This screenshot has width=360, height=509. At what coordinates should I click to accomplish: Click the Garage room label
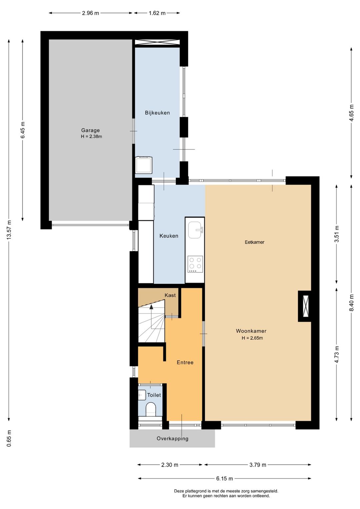click(90, 130)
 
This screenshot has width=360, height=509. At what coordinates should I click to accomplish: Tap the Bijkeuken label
click(157, 113)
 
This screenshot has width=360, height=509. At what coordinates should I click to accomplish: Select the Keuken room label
click(169, 236)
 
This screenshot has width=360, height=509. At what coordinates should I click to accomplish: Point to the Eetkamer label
click(254, 242)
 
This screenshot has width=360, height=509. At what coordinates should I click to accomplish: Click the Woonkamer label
click(251, 331)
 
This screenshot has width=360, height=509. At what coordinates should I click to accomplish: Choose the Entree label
click(185, 362)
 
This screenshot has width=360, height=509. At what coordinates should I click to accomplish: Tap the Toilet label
click(154, 395)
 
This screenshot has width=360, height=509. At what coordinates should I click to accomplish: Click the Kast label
click(170, 295)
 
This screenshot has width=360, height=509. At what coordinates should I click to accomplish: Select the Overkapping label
click(172, 439)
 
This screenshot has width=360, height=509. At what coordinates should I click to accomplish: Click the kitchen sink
click(195, 230)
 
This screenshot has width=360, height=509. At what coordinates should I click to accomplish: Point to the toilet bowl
click(151, 409)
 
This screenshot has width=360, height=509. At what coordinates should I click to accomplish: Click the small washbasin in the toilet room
click(142, 395)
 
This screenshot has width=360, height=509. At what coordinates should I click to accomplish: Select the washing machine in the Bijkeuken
click(144, 165)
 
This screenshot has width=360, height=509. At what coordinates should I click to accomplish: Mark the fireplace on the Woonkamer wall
click(305, 306)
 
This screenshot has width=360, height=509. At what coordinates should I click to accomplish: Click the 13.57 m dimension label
click(9, 229)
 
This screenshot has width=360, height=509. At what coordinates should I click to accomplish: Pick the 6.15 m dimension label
click(224, 478)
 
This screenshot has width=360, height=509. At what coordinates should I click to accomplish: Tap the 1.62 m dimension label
click(157, 13)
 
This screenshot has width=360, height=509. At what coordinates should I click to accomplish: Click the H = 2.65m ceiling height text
click(252, 338)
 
